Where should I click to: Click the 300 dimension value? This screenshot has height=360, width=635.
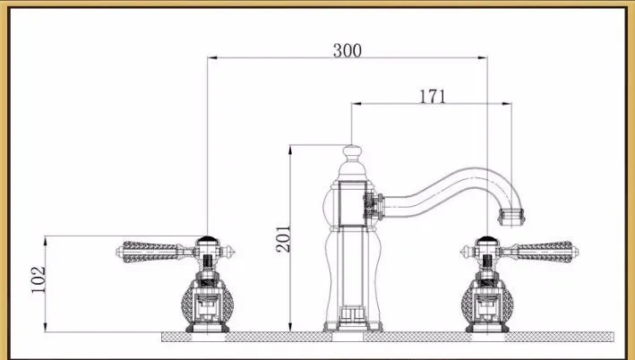348,51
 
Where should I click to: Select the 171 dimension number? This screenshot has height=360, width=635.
432,97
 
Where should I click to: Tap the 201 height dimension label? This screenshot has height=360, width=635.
284,239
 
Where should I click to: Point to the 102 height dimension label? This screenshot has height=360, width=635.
39,279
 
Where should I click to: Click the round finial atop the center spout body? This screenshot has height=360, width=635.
352,151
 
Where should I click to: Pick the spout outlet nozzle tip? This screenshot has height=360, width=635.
511,217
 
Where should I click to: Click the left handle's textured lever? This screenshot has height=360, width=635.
150,252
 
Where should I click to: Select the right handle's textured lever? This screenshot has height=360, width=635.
545,252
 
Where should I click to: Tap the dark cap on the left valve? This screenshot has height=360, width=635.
208,239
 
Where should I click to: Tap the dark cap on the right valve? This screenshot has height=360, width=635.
487,239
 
